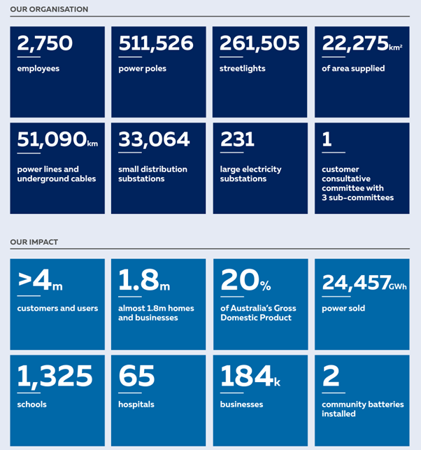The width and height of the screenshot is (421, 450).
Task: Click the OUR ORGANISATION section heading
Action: tap(49, 9)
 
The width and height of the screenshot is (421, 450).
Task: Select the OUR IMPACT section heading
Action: tap(34, 242)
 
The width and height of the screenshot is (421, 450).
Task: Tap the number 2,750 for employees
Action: tap(45, 43)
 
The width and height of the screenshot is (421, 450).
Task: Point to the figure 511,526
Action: tap(155, 43)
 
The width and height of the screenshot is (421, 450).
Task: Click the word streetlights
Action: tap(243, 69)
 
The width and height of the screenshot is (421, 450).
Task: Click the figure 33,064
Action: tap(154, 139)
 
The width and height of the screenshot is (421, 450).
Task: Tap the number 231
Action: tap(237, 139)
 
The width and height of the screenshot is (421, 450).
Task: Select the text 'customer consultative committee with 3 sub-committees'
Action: tap(357, 183)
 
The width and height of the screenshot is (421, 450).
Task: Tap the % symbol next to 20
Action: tap(266, 286)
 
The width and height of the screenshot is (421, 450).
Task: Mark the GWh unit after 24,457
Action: tap(399, 286)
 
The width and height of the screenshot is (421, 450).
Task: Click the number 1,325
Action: tap(55, 377)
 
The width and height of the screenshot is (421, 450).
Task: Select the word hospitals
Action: tap(136, 405)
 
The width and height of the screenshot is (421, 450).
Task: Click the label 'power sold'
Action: tap(343, 308)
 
